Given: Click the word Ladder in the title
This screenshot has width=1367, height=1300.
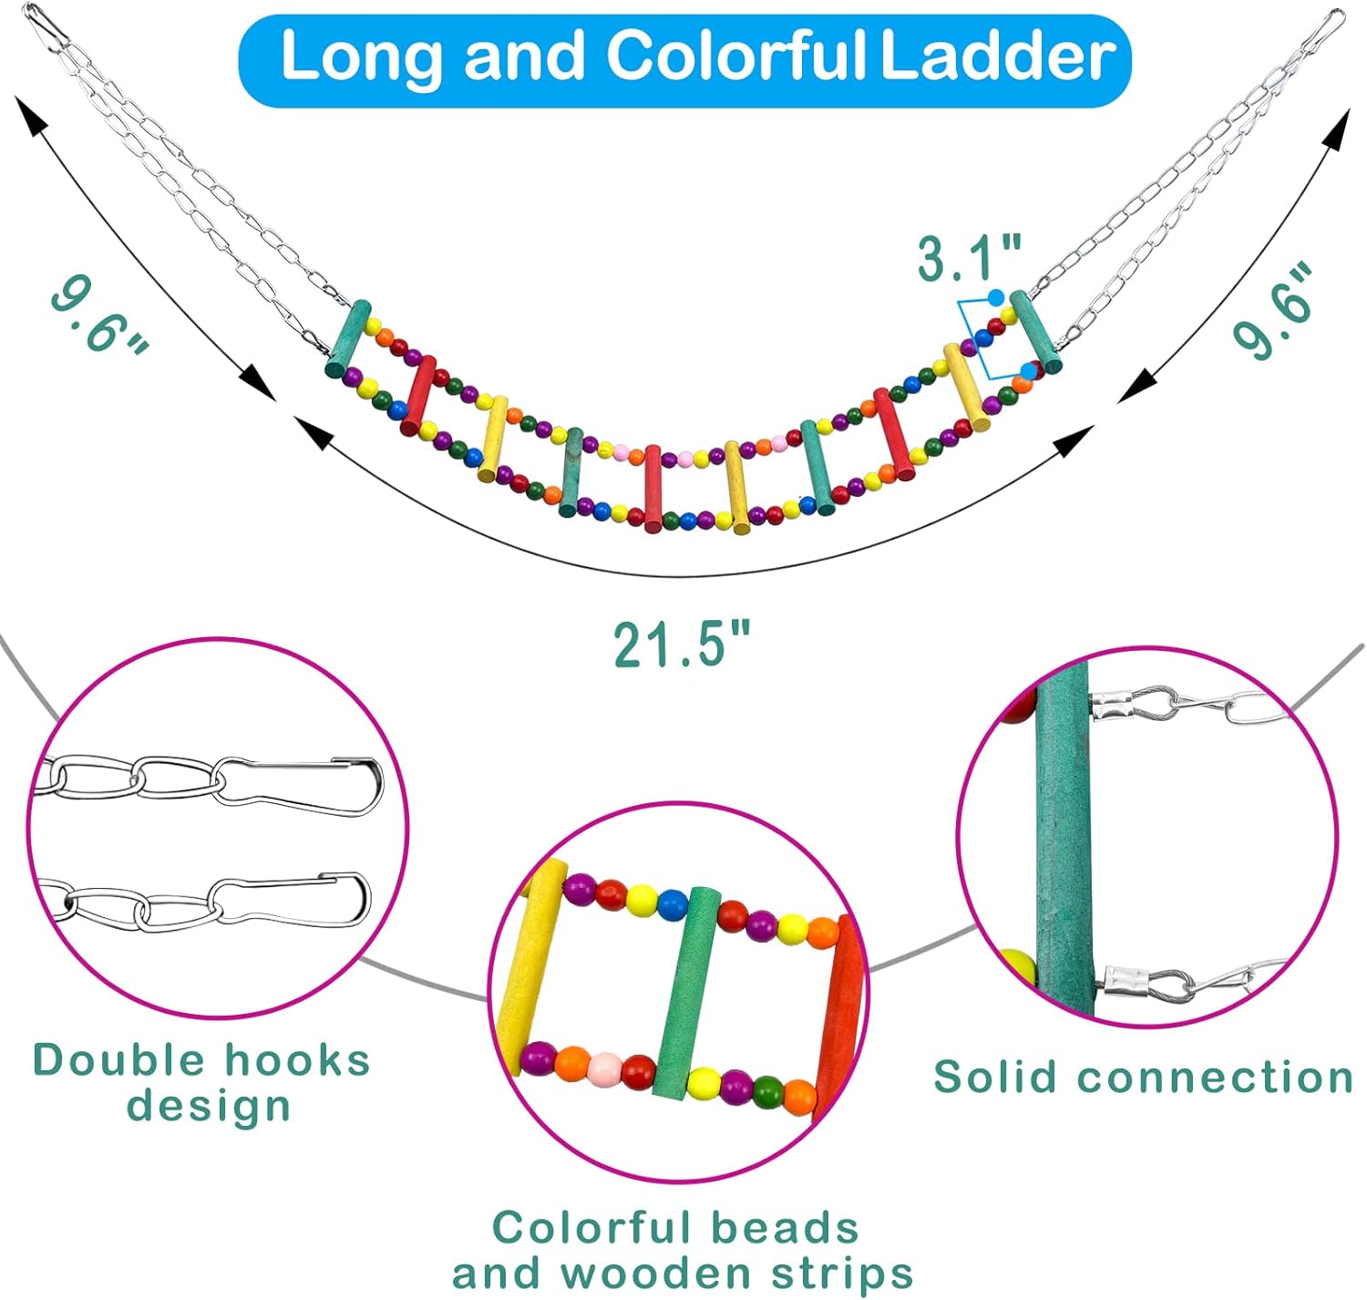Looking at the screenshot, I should (x=997, y=57).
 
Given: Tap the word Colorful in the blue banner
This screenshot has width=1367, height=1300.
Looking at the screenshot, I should (x=735, y=57).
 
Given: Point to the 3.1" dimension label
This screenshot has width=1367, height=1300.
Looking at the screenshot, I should (x=969, y=259).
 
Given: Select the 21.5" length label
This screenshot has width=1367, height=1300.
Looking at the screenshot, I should (x=682, y=645).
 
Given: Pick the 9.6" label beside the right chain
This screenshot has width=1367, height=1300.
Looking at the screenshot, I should (x=1273, y=309).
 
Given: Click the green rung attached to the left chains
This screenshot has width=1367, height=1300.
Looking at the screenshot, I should (x=348, y=338).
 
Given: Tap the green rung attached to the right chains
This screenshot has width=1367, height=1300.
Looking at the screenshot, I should (x=1034, y=332).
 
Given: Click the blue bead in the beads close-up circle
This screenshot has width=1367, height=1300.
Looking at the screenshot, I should (x=672, y=903).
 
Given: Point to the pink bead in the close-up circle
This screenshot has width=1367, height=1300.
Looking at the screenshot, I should (x=604, y=1068).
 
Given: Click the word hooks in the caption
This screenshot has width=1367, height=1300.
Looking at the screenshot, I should (x=298, y=1061).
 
